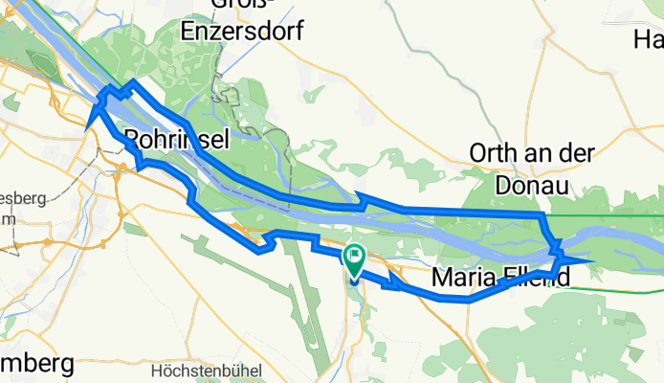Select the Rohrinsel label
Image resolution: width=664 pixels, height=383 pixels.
176,139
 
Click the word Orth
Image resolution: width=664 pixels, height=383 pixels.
494,153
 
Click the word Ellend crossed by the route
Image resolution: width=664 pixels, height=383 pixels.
534,279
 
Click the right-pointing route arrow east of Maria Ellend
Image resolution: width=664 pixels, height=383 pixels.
577,259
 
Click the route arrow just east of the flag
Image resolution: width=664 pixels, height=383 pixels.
395,281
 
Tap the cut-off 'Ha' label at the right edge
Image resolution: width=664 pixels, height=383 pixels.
649,39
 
